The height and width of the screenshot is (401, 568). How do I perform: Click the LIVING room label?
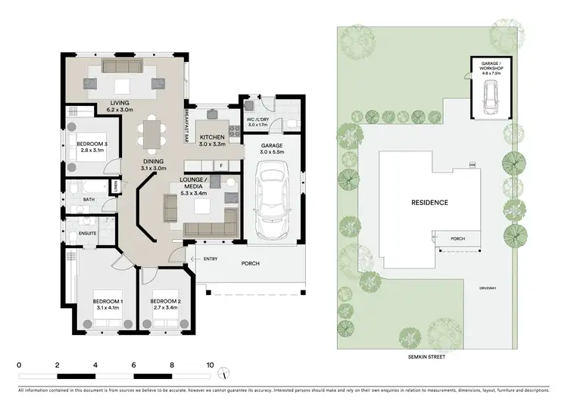(x=120, y=103)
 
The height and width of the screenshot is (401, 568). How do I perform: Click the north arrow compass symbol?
(x=223, y=374)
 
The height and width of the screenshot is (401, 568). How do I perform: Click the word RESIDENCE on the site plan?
(x=429, y=203)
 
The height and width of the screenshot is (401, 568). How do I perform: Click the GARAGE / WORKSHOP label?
(x=490, y=66)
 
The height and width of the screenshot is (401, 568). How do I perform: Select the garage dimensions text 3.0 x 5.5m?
(x=271, y=153)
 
